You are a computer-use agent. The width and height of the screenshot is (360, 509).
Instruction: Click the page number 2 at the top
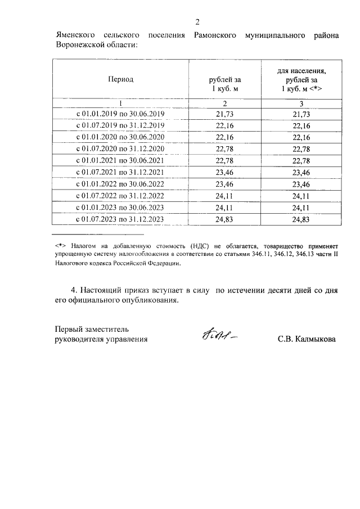[x=197, y=22]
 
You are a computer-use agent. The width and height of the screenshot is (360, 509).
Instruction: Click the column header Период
[x=121, y=79]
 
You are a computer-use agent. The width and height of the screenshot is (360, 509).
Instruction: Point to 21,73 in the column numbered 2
[x=224, y=114]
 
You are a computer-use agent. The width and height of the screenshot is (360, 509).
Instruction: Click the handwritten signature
[x=217, y=335]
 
